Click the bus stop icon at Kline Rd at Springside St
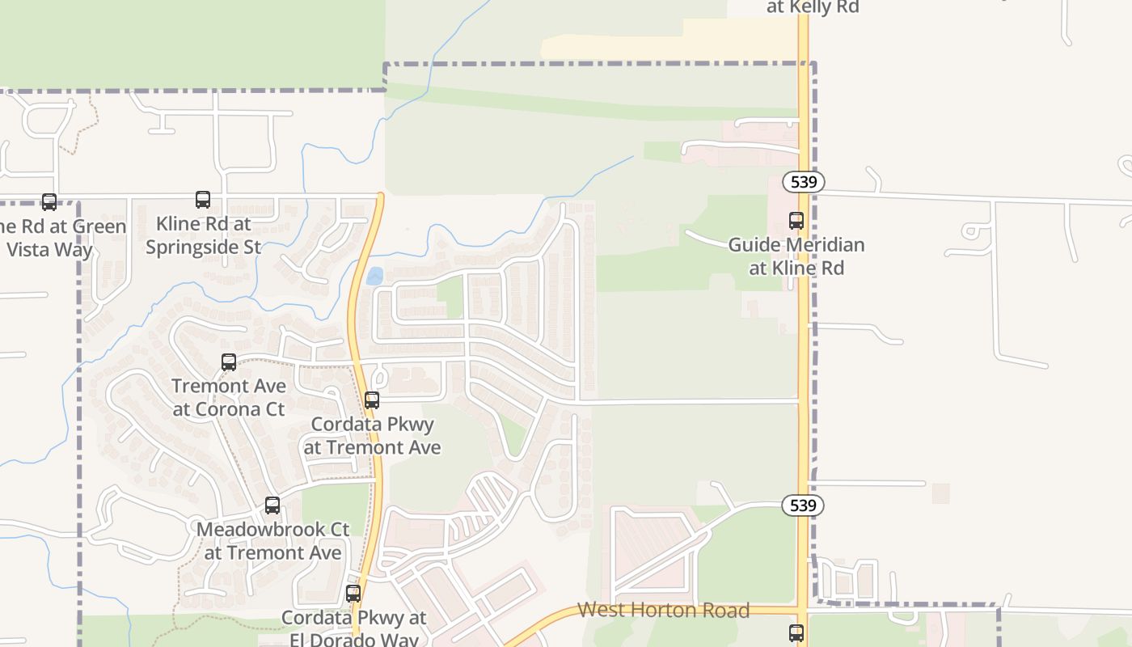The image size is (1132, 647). pyautogui.click(x=203, y=200)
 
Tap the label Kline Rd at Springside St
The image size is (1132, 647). pyautogui.click(x=203, y=235)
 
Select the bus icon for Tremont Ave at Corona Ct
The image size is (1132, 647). pyautogui.click(x=229, y=362)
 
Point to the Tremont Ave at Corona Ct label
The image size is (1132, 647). pyautogui.click(x=229, y=397)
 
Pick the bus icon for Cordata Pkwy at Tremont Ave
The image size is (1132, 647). pyautogui.click(x=372, y=400)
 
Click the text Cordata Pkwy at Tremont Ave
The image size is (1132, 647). pyautogui.click(x=372, y=435)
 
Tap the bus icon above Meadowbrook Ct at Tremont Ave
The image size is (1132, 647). pyautogui.click(x=272, y=505)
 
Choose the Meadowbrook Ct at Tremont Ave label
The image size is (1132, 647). pyautogui.click(x=273, y=541)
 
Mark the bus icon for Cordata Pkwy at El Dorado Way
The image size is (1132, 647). pyautogui.click(x=353, y=594)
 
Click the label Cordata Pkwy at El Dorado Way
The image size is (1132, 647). pyautogui.click(x=354, y=628)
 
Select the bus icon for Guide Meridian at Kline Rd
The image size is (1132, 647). pyautogui.click(x=796, y=220)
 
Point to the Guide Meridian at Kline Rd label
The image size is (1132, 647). pyautogui.click(x=796, y=256)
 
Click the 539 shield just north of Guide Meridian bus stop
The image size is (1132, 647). pyautogui.click(x=804, y=182)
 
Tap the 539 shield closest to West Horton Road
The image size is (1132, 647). pyautogui.click(x=803, y=505)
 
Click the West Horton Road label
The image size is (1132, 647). pyautogui.click(x=664, y=610)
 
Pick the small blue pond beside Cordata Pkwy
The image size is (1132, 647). pyautogui.click(x=374, y=277)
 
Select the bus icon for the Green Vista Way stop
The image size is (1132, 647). pyautogui.click(x=49, y=202)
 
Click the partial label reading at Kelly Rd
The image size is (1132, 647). pyautogui.click(x=812, y=7)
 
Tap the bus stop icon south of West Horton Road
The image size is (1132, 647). pyautogui.click(x=796, y=632)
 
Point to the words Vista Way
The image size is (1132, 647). pyautogui.click(x=50, y=249)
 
